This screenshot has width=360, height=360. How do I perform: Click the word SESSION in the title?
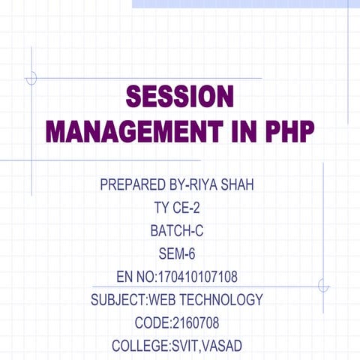pos(180,97)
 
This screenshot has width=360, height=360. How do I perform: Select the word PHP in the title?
pos(289,131)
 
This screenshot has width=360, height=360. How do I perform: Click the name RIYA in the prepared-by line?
pos(207,184)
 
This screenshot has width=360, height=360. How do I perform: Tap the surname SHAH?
pos(241,184)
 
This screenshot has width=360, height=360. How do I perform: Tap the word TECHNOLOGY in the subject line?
pos(222,301)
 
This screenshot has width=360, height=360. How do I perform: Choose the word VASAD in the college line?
pos(222,346)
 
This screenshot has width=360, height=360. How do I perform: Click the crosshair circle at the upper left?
pos(31,78)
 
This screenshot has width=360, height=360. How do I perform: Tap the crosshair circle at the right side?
pos(323,286)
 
